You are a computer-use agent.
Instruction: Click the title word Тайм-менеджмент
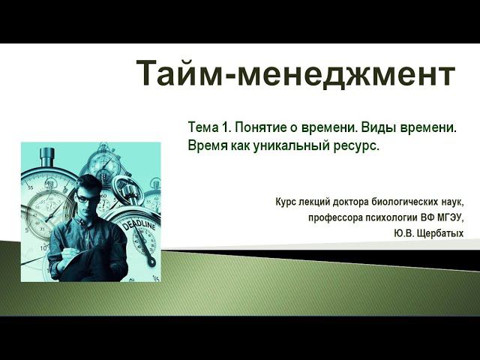[x=295, y=73]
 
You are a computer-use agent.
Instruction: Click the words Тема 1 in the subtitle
[x=209, y=128]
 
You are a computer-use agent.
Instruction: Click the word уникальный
[x=288, y=145]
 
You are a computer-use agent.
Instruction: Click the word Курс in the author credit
[x=289, y=202]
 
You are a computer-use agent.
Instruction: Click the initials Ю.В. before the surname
[x=403, y=234]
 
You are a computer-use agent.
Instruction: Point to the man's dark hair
[x=88, y=184]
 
